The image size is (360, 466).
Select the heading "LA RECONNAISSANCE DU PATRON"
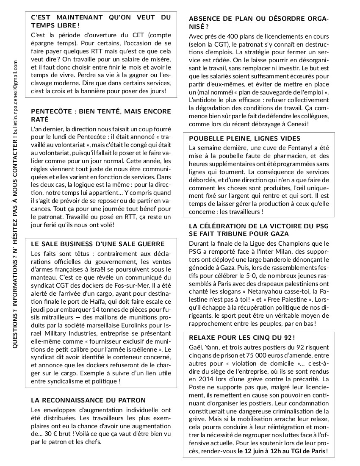[x=89, y=400]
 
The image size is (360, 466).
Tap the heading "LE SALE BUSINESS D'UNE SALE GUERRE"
[x=98, y=244]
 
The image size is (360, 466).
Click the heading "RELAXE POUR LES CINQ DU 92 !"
[x=242, y=337]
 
